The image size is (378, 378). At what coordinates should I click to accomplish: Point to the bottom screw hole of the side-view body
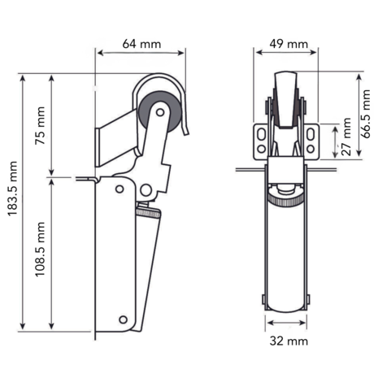[x=124, y=319]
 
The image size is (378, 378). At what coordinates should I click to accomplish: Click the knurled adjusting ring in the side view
[x=149, y=213]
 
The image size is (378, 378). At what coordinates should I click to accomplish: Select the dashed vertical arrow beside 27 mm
[x=335, y=140]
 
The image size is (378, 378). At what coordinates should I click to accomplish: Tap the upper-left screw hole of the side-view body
[x=119, y=189]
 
